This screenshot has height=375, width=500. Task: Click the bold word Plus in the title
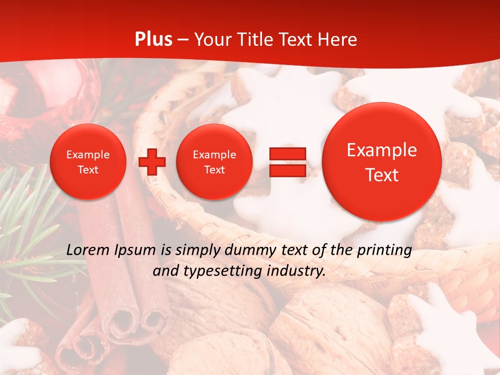pos(153,40)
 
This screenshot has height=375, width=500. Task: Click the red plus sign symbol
pos(152,162)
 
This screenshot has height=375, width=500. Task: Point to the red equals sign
pos(287,162)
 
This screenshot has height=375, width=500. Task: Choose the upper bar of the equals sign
pos(287,154)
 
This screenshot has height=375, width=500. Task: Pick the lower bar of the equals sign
pos(287,170)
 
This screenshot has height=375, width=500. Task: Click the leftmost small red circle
pos(88,162)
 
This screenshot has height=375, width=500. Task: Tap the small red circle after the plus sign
pos(215,162)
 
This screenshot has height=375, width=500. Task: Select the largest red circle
pos(382,162)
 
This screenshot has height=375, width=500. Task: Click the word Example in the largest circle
pos(382,150)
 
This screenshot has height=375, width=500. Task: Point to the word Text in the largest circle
pos(382,175)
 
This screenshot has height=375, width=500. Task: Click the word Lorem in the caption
pos(86,250)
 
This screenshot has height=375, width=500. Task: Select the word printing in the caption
pos(385,251)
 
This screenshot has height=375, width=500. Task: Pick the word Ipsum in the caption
pos(134,251)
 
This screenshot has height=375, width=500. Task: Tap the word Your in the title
pos(211,40)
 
